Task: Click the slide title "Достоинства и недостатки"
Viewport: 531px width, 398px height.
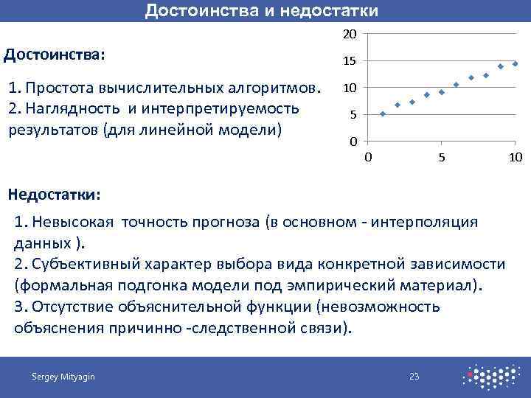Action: tap(262, 10)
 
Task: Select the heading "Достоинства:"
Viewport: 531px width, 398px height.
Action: tap(55, 55)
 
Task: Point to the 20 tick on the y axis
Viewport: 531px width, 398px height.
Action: tap(350, 35)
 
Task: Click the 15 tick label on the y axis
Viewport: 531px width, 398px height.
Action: tap(350, 61)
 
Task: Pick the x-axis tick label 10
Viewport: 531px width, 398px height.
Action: tap(516, 157)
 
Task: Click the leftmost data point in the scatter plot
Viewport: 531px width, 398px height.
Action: tap(383, 114)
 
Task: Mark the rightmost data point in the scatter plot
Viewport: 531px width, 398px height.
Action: tap(515, 63)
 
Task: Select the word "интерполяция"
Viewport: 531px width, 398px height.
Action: tap(434, 222)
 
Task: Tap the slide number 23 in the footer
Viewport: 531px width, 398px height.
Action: tap(414, 377)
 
